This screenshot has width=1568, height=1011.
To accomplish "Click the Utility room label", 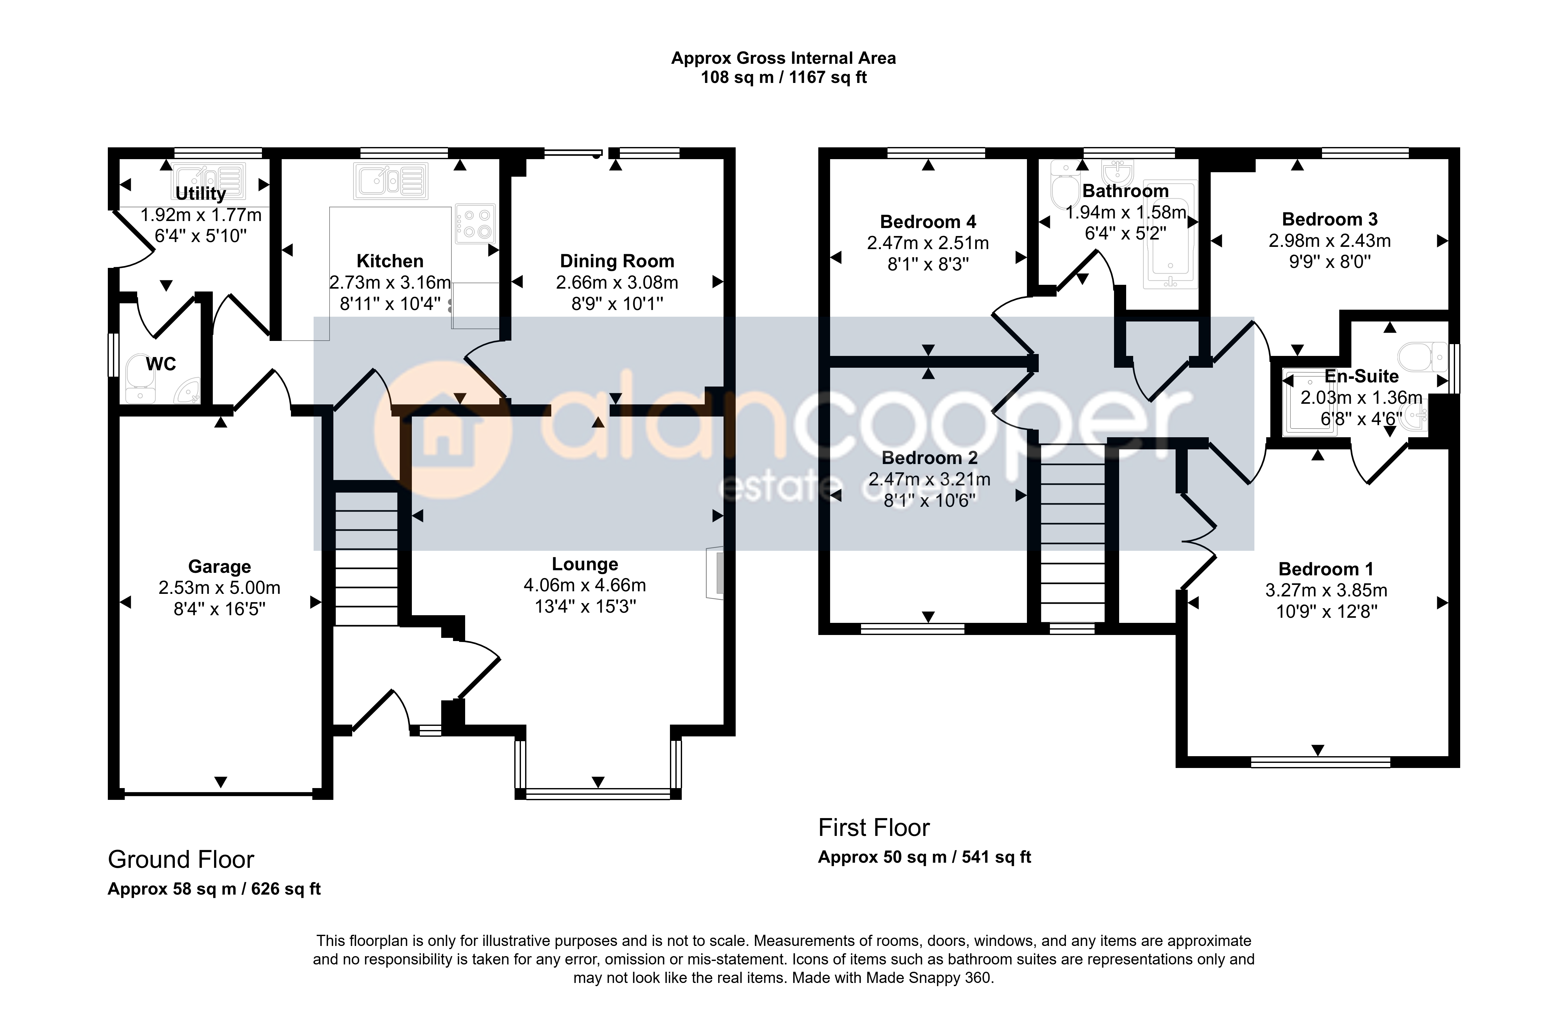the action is click(200, 194).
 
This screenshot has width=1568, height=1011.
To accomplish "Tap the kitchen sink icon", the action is click(391, 181).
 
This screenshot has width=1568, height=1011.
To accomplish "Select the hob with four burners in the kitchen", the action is click(475, 223).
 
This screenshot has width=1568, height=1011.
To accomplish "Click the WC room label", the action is click(161, 364).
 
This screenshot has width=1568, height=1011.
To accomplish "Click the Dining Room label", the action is click(617, 261).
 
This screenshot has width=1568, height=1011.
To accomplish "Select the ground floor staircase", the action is click(366, 558).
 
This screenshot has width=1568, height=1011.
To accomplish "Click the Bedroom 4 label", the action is click(928, 222).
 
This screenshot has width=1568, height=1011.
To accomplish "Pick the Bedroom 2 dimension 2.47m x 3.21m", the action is click(929, 479).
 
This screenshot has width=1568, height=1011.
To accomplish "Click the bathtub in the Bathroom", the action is click(1170, 234).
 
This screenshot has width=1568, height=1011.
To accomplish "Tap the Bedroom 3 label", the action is click(1330, 219).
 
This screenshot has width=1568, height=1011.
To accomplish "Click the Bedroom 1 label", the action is click(1326, 569).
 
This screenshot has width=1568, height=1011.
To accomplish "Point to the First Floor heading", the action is click(874, 828).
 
